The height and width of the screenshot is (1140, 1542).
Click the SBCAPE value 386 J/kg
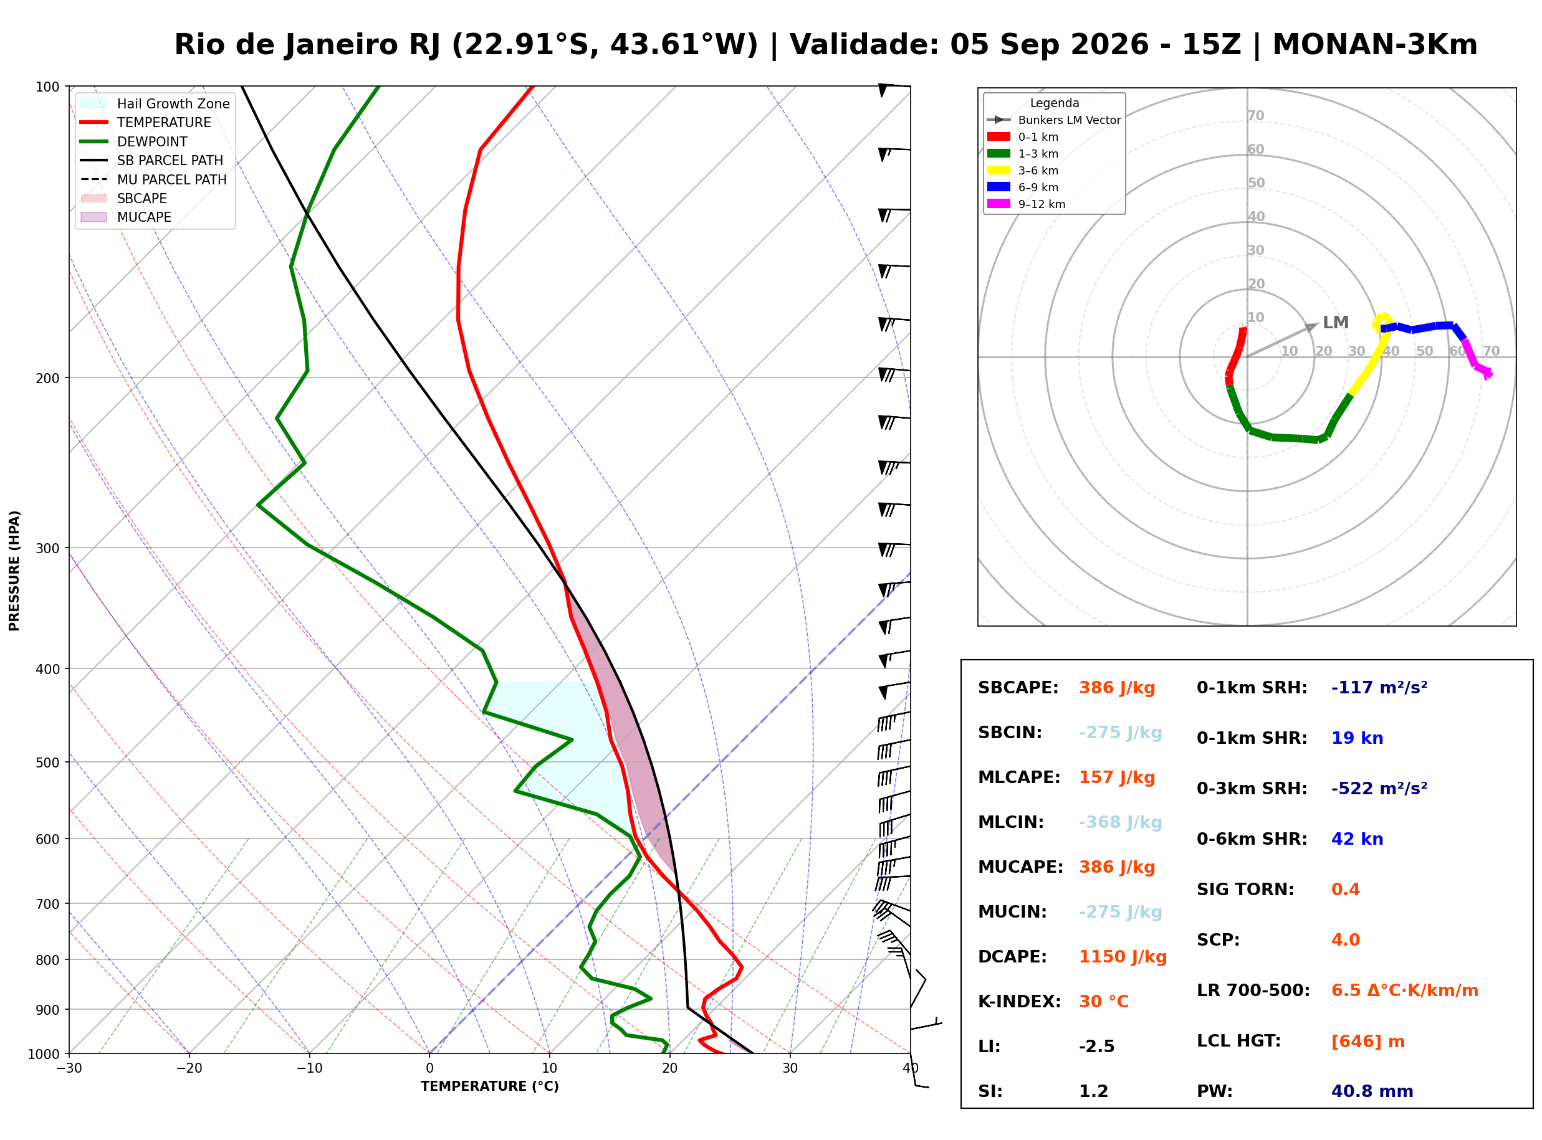[1117, 688]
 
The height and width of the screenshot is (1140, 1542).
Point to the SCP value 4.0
[1345, 941]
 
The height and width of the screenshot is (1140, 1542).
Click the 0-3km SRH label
[1252, 789]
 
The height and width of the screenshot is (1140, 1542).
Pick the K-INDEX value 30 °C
[1104, 1002]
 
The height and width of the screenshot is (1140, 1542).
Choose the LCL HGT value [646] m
[1367, 1042]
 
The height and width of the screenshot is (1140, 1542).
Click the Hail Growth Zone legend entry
[155, 103]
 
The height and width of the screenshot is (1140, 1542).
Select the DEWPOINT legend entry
[134, 141]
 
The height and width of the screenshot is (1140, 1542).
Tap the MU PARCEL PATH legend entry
[153, 179]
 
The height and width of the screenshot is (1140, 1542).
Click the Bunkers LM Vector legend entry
[1053, 120]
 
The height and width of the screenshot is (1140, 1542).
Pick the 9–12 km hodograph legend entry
[1026, 204]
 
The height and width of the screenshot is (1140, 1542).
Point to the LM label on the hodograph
[1335, 322]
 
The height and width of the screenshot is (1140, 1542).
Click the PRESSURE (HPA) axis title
[14, 571]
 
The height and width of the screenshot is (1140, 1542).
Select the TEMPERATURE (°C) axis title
[489, 1086]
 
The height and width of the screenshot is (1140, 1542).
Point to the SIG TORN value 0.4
[1345, 890]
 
